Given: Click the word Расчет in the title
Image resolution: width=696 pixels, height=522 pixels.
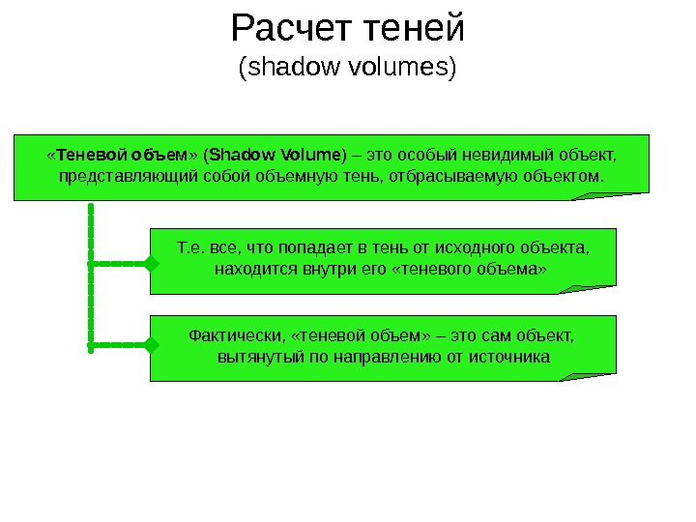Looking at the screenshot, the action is point(291,29).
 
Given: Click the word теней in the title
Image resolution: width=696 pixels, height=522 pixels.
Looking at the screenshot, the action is point(413,29).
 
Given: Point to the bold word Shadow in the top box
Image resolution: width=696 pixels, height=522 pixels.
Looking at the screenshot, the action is point(242,155).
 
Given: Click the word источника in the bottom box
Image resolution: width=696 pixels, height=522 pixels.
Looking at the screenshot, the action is point(511,357).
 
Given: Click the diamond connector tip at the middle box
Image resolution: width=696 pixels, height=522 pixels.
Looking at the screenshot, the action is point(151,263).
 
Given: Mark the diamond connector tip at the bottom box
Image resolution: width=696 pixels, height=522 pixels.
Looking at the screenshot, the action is point(151,344).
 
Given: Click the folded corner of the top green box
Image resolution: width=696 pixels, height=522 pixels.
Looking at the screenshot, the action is point(609,193).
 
